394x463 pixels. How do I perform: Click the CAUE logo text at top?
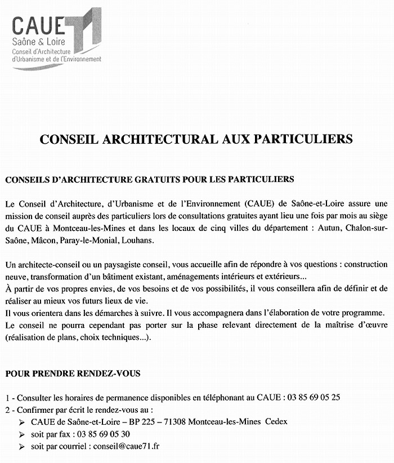pyautogui.click(x=38, y=26)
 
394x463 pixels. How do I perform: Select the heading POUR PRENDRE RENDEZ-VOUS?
pyautogui.click(x=73, y=373)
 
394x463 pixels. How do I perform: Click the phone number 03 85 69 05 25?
pyautogui.click(x=314, y=397)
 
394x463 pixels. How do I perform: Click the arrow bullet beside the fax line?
pyautogui.click(x=21, y=434)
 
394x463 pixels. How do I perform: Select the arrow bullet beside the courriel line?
pyautogui.click(x=21, y=447)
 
